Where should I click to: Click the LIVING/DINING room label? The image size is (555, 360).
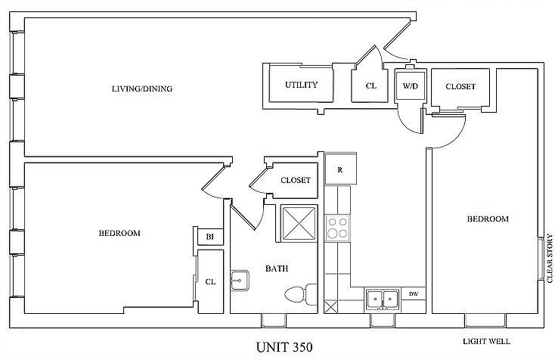tap(142, 88)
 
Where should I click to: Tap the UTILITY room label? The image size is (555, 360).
tap(301, 85)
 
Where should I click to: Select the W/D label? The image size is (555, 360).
tap(411, 85)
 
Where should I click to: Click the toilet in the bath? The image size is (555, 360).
tap(301, 294)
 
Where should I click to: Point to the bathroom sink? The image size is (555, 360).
tap(240, 281)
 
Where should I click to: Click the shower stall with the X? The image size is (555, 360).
tap(299, 224)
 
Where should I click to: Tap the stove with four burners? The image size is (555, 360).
tap(337, 228)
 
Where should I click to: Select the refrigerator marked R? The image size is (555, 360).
tap(340, 169)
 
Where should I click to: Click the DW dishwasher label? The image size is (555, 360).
tap(413, 293)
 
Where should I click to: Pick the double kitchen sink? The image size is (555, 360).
tap(383, 299)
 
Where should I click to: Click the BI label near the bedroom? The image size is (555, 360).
tap(210, 237)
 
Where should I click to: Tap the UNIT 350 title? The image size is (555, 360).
tap(284, 347)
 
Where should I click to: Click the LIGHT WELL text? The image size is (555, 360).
tap(486, 342)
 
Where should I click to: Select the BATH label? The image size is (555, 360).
tap(277, 268)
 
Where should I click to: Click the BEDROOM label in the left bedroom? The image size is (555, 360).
tap(119, 233)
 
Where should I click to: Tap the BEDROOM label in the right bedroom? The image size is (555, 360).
tap(488, 219)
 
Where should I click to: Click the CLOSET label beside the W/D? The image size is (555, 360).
tap(460, 86)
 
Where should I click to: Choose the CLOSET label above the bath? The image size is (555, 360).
tap(296, 180)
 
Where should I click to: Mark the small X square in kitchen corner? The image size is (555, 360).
tap(331, 306)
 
